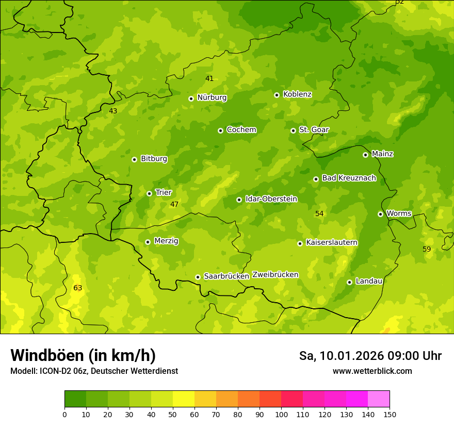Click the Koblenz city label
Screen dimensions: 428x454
click(x=297, y=94)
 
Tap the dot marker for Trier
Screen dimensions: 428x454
click(x=149, y=193)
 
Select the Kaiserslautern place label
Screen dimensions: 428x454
click(x=332, y=242)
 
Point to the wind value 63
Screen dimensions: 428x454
click(x=77, y=288)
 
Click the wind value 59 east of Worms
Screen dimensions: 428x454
click(x=427, y=249)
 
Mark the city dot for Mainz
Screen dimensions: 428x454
click(x=365, y=155)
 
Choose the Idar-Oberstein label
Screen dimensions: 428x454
click(x=271, y=199)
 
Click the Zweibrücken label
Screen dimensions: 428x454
click(x=275, y=274)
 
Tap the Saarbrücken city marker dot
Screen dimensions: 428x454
click(x=198, y=277)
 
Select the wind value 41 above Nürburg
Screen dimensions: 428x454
click(x=209, y=78)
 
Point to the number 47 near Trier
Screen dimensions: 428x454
click(x=174, y=204)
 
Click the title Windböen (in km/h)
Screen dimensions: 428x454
click(x=83, y=355)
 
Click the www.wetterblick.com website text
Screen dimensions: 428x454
click(x=372, y=371)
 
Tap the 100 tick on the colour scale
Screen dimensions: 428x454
click(x=281, y=414)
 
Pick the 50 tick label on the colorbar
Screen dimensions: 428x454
click(x=173, y=414)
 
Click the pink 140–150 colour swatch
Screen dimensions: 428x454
click(x=379, y=399)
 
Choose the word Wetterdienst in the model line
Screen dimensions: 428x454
click(x=155, y=371)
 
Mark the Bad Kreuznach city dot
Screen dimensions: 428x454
click(x=316, y=179)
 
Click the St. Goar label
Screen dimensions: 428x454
click(x=314, y=129)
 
